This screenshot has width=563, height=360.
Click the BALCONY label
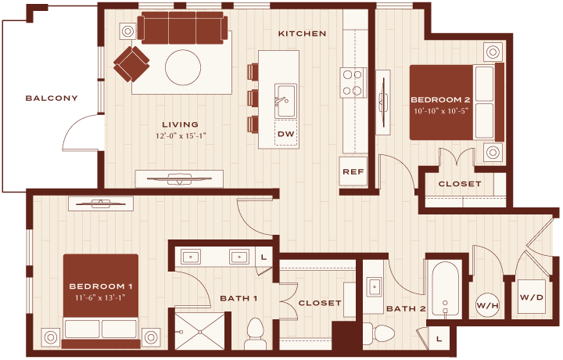(x=52, y=98)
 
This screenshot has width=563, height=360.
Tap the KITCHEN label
(x=303, y=34)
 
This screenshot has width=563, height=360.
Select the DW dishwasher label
(x=286, y=134)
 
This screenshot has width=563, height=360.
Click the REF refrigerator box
(x=353, y=171)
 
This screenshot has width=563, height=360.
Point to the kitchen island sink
(x=286, y=101)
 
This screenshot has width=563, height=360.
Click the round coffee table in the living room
(x=183, y=67)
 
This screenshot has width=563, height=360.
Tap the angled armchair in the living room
(x=131, y=64)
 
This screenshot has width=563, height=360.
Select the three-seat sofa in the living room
(x=182, y=28)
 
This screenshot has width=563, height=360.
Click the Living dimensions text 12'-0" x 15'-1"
(x=181, y=136)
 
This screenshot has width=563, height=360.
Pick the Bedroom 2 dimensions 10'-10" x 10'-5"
(x=441, y=111)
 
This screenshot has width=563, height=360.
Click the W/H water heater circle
(x=488, y=305)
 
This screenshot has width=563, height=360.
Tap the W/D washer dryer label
(x=532, y=297)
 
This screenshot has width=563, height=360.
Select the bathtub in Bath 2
(x=445, y=289)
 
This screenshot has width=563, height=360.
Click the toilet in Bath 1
(x=256, y=333)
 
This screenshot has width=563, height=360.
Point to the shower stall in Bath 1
(x=199, y=330)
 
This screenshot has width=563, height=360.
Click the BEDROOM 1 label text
(x=101, y=286)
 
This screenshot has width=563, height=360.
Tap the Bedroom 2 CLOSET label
(x=460, y=184)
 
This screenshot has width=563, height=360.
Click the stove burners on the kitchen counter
(x=352, y=83)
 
